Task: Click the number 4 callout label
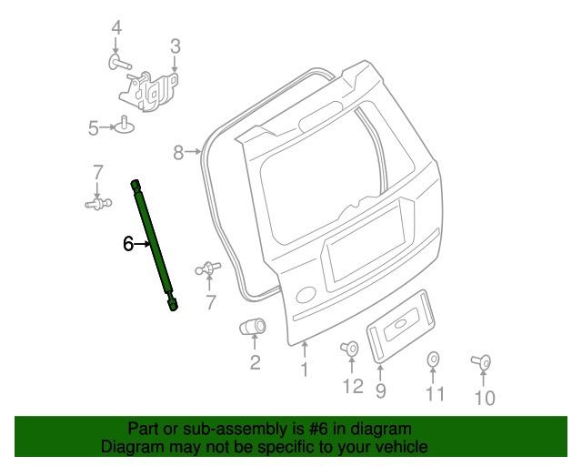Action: (116, 29)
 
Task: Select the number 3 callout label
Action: (176, 45)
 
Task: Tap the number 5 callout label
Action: (94, 128)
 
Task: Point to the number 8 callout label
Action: (179, 152)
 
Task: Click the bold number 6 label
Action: (129, 243)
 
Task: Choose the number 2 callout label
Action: (255, 363)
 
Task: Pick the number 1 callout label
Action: (304, 370)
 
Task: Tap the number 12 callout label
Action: (352, 387)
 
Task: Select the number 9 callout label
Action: (380, 390)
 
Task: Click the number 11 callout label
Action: (436, 393)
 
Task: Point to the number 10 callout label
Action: (484, 398)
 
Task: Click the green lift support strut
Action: (154, 244)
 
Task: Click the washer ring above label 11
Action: (434, 360)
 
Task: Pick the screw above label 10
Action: (482, 363)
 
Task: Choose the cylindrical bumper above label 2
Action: (251, 327)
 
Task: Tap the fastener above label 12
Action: (349, 348)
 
